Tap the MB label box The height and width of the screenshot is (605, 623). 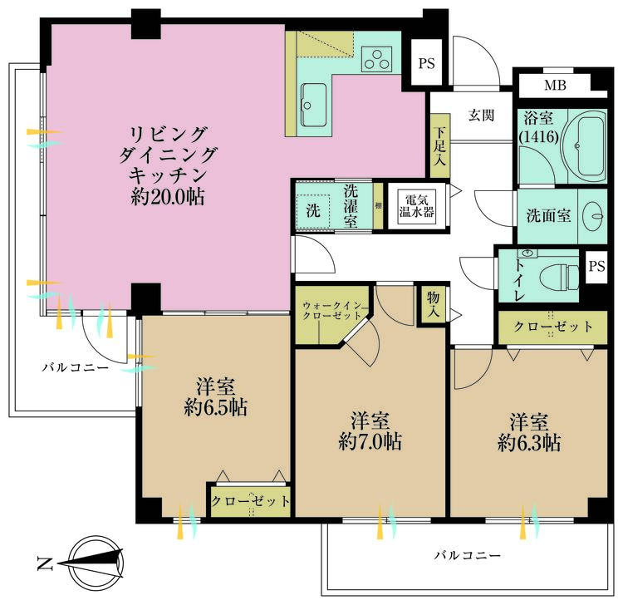click(x=554, y=86)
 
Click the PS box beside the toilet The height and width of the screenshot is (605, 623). click(x=596, y=266)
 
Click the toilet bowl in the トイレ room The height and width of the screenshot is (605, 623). click(x=559, y=273)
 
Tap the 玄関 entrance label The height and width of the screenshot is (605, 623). click(x=481, y=116)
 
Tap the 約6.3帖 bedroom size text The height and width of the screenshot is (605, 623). click(x=528, y=442)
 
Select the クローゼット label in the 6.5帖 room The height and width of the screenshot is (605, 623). click(x=250, y=502)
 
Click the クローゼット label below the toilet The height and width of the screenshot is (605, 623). click(x=553, y=327)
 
